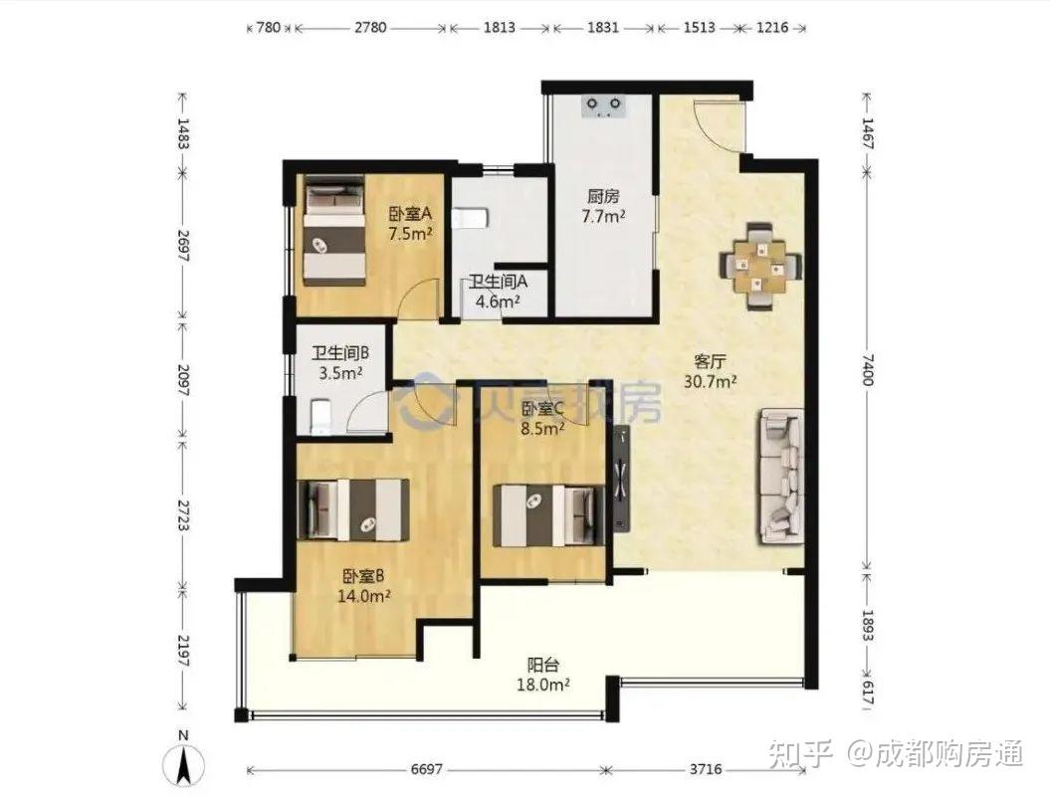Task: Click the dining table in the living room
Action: [x=760, y=266]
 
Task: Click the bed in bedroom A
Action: [x=334, y=230]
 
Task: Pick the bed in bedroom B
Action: [x=353, y=509]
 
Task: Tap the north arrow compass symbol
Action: [x=184, y=763]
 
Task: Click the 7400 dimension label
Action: [x=868, y=369]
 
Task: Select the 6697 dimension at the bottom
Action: [x=427, y=769]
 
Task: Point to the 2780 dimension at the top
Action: [x=370, y=28]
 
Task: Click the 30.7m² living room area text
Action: [x=711, y=382]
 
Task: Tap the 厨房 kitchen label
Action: [x=603, y=196]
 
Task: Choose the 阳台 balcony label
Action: [x=543, y=666]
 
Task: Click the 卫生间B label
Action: [x=340, y=353]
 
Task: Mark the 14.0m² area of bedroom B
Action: [x=364, y=595]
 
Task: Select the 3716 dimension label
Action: [x=706, y=769]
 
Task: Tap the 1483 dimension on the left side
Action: [x=183, y=133]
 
